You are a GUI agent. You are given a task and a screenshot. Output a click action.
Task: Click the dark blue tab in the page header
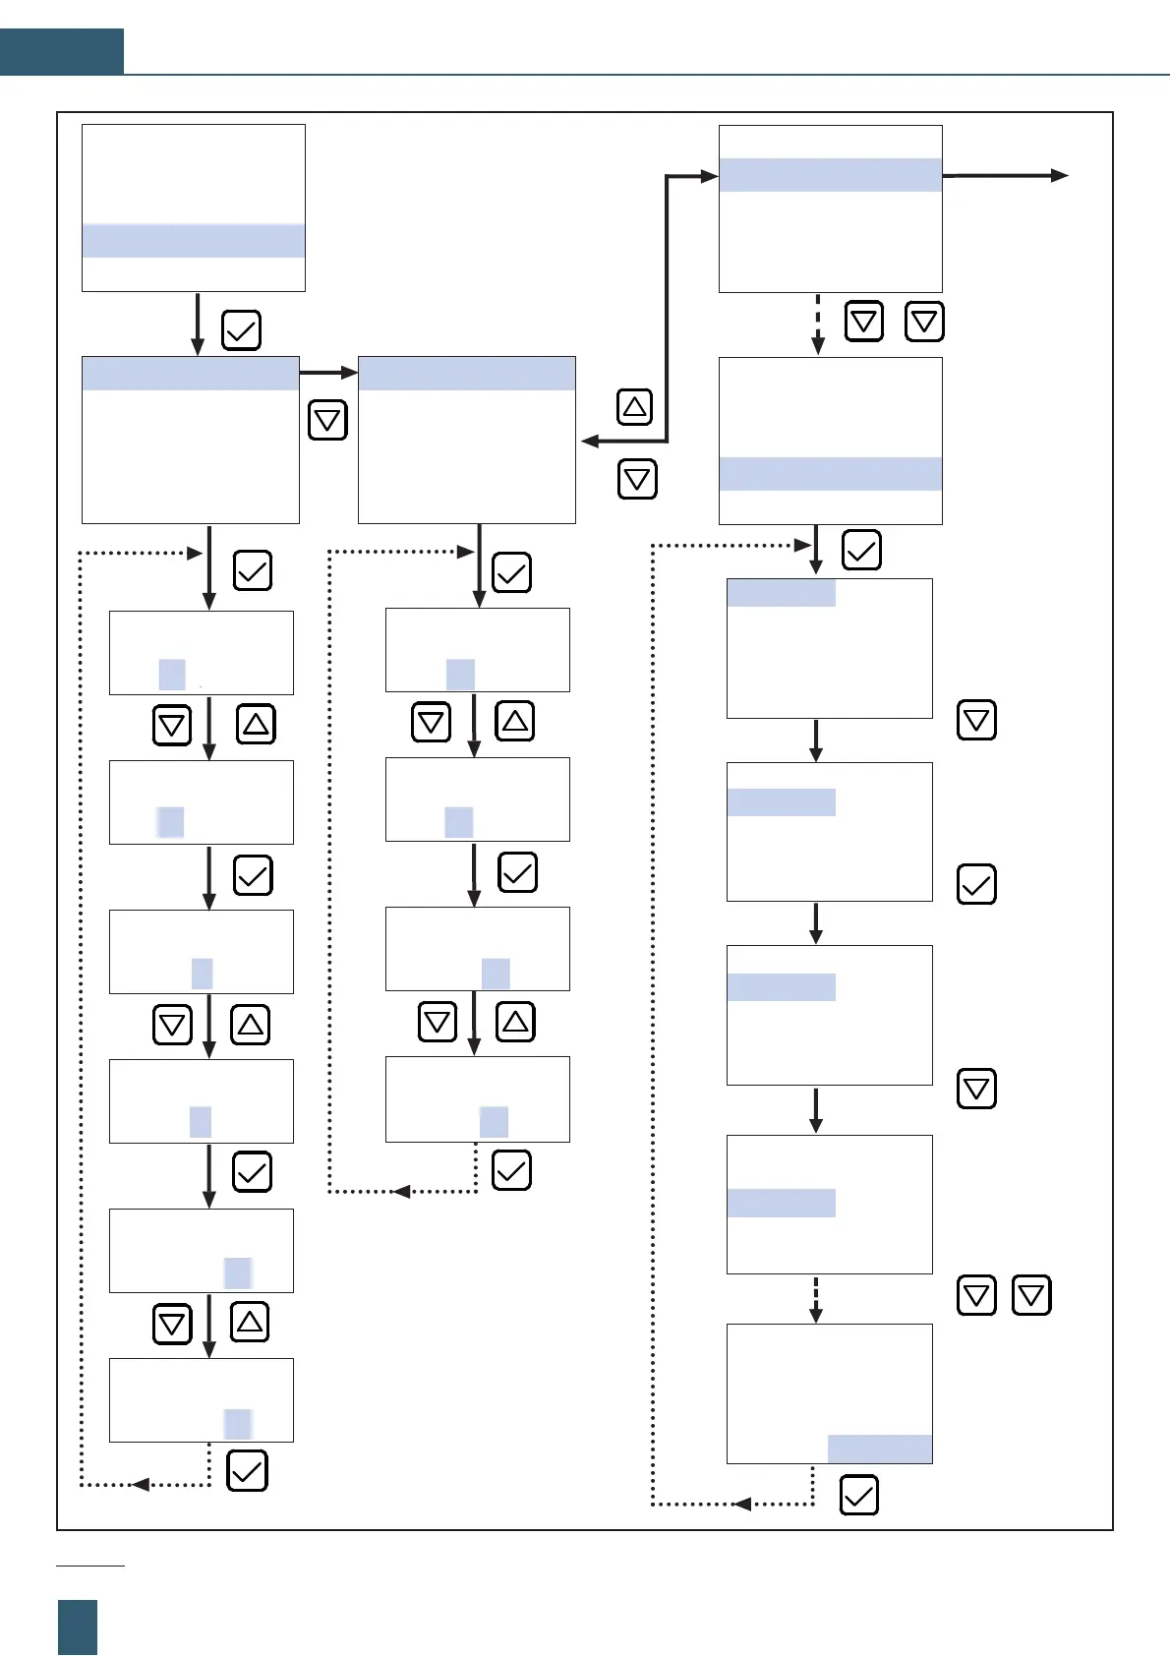point(61,51)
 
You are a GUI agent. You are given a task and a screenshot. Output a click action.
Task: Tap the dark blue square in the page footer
point(78,1626)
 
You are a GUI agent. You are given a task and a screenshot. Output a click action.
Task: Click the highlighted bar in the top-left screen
point(193,241)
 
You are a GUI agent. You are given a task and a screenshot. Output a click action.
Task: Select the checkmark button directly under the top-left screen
point(241,330)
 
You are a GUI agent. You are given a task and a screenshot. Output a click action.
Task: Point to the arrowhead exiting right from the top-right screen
point(1059,176)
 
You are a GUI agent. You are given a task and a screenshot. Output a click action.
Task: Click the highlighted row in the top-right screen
point(830,175)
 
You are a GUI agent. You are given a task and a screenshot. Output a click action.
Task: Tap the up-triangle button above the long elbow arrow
point(635,406)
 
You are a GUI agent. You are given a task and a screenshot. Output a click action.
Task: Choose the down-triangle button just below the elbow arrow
point(637,480)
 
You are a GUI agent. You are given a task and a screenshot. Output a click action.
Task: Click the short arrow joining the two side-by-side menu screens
point(328,373)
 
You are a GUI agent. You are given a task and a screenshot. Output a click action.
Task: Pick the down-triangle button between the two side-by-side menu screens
point(327,421)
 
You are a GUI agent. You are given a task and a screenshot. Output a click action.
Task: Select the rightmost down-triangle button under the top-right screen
point(924,322)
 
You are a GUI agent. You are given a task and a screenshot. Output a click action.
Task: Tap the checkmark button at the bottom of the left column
point(247,1471)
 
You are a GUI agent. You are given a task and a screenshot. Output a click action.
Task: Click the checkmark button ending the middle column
point(511,1170)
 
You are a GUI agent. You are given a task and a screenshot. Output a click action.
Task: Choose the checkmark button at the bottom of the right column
point(858,1496)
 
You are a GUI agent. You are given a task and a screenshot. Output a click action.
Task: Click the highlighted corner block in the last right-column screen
point(880,1449)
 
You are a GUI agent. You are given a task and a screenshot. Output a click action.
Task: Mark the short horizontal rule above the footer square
point(90,1565)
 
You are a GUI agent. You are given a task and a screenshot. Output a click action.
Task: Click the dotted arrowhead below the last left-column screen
point(141,1484)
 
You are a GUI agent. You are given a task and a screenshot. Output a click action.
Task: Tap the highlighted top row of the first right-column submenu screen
point(781,593)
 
